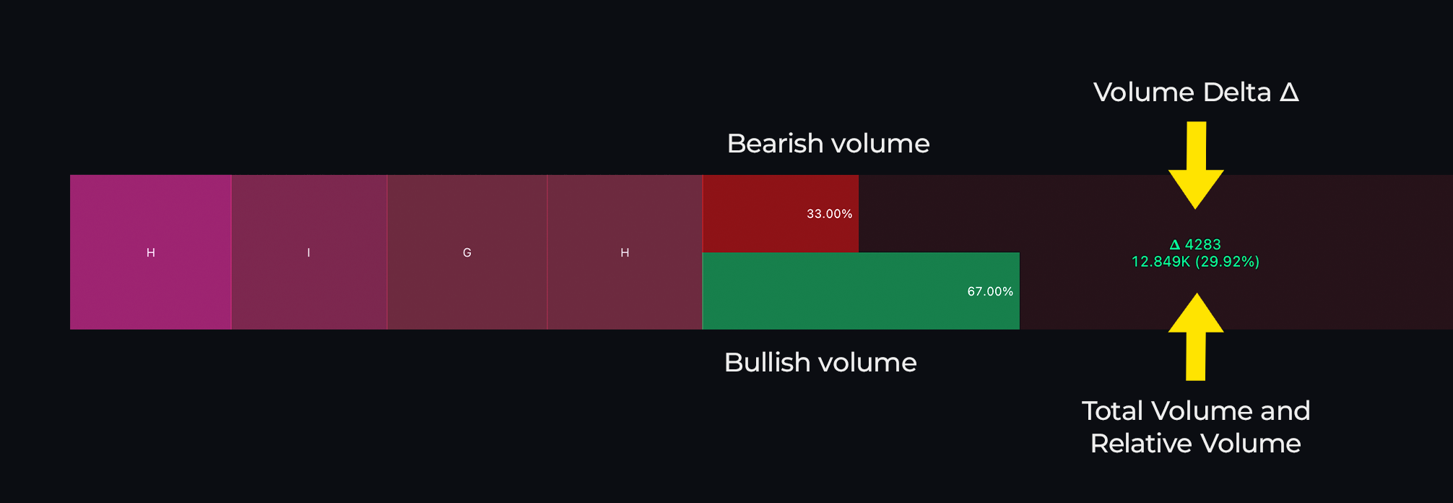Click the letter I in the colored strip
(308, 253)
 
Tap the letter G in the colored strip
(467, 253)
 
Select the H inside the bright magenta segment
(151, 253)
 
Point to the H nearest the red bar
(625, 253)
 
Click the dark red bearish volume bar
(781, 213)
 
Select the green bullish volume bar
(861, 291)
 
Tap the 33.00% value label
(829, 214)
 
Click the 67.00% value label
(990, 291)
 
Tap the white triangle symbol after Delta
(1289, 92)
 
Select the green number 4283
(1202, 244)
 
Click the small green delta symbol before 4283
(1175, 245)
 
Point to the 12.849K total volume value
(1161, 262)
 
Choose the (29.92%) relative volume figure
(1227, 262)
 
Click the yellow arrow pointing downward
(1196, 165)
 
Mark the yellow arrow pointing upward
(1196, 337)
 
